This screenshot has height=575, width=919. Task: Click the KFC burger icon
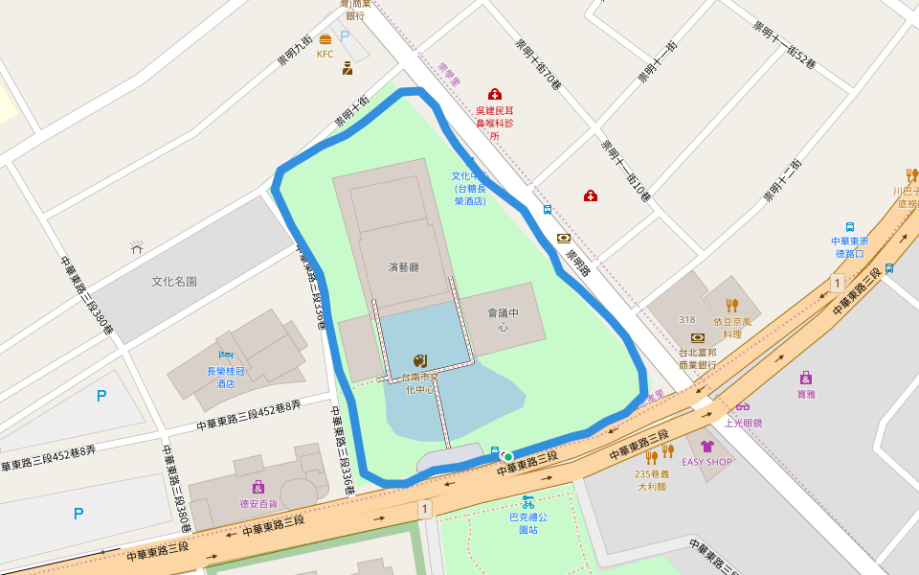(x=325, y=39)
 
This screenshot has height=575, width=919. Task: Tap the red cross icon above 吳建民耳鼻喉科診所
(x=495, y=94)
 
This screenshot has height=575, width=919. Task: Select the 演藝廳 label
(x=404, y=267)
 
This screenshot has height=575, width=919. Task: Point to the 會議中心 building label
(x=503, y=319)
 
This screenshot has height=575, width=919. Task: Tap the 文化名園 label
(x=174, y=282)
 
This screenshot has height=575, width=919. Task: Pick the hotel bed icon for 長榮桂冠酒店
(x=226, y=356)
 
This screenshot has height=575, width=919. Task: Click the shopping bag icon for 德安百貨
(x=258, y=487)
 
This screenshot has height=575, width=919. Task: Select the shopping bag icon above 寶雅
(x=806, y=377)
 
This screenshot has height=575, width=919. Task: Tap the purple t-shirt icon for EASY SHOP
(x=706, y=446)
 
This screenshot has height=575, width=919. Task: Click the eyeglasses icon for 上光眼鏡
(x=743, y=406)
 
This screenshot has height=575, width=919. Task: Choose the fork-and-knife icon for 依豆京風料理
(x=732, y=305)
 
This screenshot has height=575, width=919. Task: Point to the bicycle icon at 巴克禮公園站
(x=527, y=501)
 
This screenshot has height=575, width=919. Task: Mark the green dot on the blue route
(x=508, y=456)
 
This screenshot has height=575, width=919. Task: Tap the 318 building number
(x=686, y=319)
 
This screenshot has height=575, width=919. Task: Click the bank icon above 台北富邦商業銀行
(x=698, y=337)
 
